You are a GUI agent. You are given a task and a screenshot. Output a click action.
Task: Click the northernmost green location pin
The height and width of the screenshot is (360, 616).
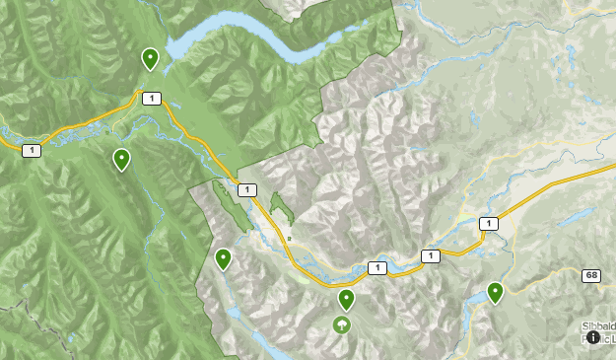pos(150,58)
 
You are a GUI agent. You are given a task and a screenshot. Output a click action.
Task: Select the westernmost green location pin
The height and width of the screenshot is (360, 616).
pos(121,159)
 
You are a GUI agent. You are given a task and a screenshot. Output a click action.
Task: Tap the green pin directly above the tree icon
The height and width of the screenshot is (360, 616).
pos(346,299)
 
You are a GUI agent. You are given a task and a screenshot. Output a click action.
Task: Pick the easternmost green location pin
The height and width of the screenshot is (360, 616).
pos(495,292)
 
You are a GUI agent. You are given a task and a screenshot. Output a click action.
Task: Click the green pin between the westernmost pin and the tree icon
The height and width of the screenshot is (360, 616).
pos(224,259)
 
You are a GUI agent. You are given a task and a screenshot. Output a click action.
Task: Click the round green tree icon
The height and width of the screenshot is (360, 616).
pos(342,324)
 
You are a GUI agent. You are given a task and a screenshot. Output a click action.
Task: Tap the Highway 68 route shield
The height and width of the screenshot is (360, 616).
pos(590,275)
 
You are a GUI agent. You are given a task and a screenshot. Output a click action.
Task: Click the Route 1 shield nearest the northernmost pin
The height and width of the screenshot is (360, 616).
pos(151,98)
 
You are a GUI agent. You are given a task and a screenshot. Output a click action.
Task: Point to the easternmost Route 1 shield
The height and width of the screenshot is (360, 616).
pos(487,224)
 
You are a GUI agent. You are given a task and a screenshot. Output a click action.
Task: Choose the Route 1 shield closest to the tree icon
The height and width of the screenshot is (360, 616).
pos(376,267)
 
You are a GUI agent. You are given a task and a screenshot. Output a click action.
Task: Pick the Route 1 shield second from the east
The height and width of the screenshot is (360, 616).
pos(429,256)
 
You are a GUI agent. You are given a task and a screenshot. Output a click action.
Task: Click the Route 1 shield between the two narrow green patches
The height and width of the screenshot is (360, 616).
pos(246,189)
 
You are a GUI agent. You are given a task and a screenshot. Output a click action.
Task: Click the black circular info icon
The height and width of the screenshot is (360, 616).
pos(593,337)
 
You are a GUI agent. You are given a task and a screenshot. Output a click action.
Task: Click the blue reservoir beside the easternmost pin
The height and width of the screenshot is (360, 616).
pos(476,297)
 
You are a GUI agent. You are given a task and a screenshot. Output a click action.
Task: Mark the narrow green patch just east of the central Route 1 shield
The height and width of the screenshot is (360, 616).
pos(281,206)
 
